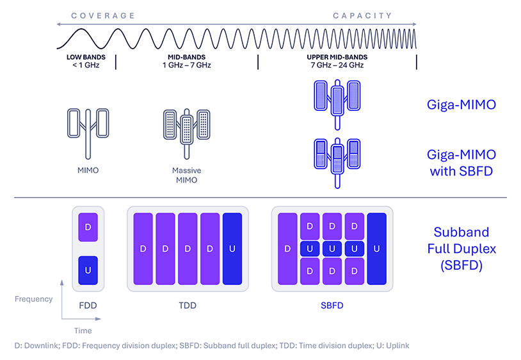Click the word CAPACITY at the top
tap(362, 15)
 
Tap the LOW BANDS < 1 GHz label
tap(83, 61)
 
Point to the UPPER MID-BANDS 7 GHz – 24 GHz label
tap(336, 61)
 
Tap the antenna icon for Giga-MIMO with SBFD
tap(336, 160)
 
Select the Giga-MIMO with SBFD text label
tap(461, 163)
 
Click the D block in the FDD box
tap(88, 227)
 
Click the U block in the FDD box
tap(88, 270)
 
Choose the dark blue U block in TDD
tap(232, 249)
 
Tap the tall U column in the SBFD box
tap(377, 249)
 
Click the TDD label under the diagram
tap(187, 306)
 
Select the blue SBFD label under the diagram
tap(332, 306)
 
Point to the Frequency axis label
tap(33, 299)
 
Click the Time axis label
tap(83, 331)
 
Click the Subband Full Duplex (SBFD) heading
tap(461, 248)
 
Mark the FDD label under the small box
tap(87, 306)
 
